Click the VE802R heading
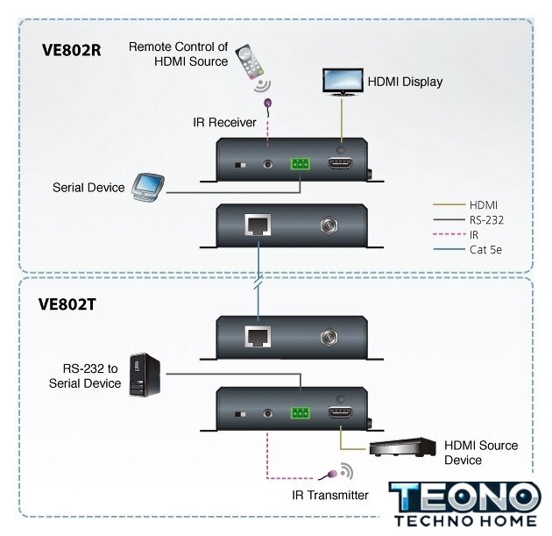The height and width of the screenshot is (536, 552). (x=72, y=50)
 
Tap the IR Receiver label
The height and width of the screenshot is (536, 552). (x=225, y=122)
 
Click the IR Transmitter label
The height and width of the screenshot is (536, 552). (x=330, y=495)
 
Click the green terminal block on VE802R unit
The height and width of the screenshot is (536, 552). (x=301, y=163)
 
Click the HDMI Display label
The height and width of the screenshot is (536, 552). (x=404, y=82)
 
